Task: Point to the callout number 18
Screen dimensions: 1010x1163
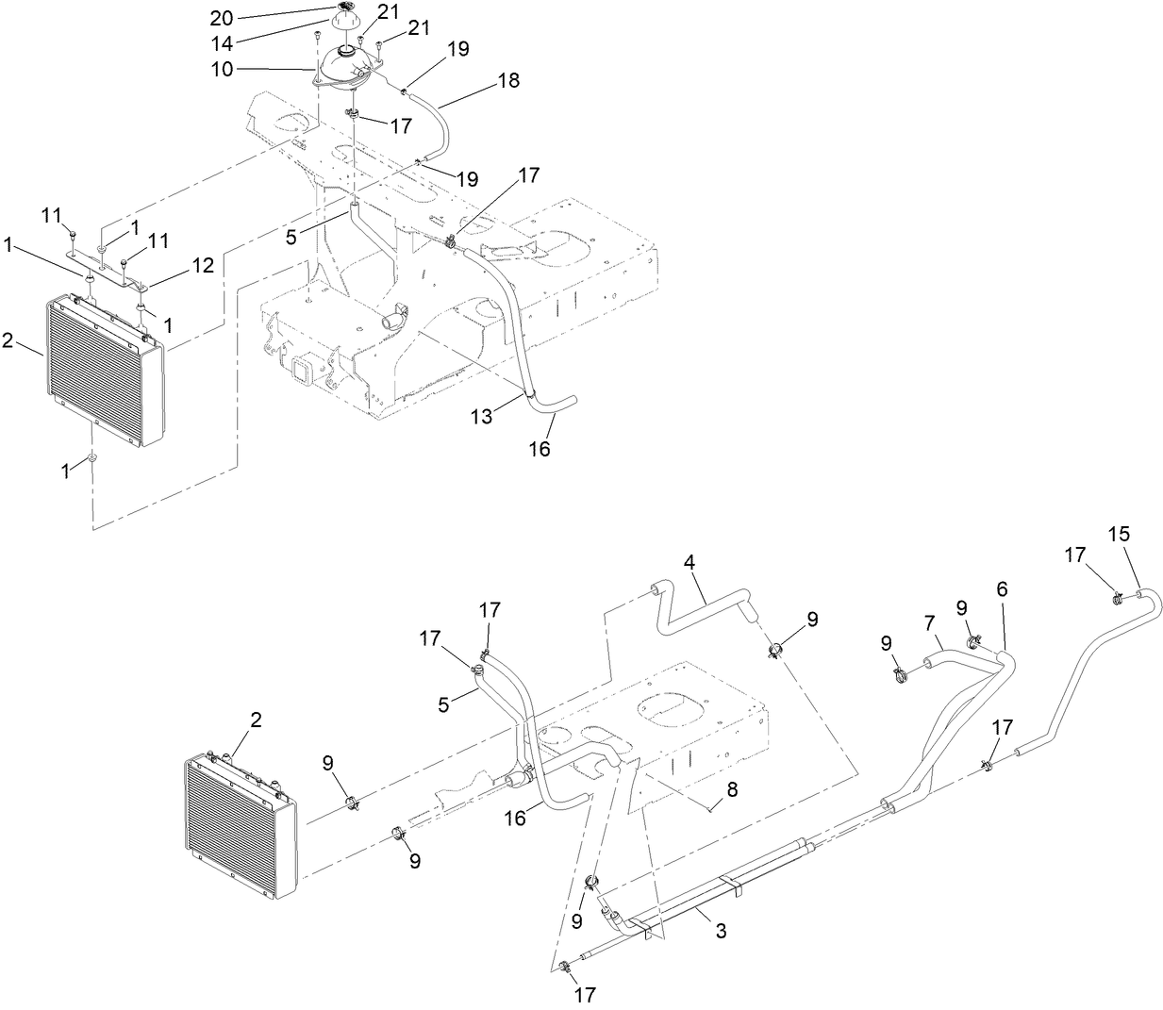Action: [x=507, y=81]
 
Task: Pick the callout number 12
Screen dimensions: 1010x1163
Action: [x=204, y=265]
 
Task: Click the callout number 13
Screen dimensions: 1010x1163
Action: [x=482, y=416]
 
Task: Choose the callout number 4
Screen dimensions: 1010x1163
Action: [x=690, y=561]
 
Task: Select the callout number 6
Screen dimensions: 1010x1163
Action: [x=1001, y=589]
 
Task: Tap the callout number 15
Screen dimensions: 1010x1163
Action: [x=1118, y=533]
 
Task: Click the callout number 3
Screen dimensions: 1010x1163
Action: [x=721, y=932]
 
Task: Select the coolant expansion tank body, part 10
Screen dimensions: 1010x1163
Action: [x=347, y=68]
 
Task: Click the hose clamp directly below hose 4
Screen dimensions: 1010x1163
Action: [x=777, y=649]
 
